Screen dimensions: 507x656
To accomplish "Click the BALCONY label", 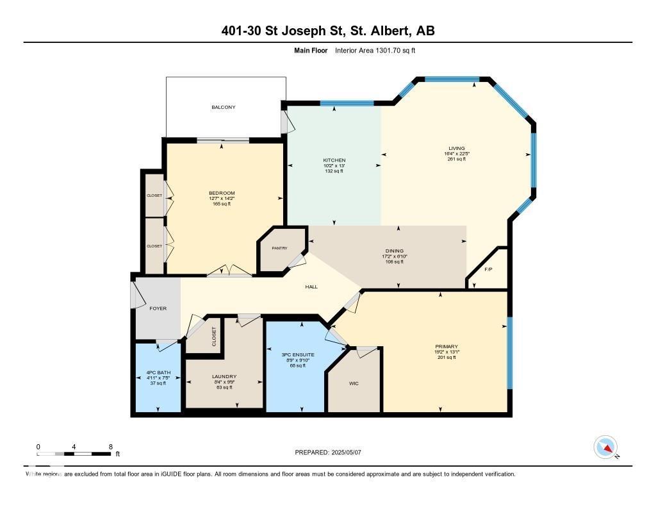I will (224, 107).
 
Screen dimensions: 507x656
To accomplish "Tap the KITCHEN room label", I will (334, 160).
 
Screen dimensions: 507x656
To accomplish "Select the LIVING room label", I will (457, 148).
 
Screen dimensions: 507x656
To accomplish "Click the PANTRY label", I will (279, 248).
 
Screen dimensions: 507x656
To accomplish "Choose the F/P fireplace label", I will (488, 269).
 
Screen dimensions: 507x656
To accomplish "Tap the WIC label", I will (354, 384).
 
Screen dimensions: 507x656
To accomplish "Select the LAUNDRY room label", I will (224, 377).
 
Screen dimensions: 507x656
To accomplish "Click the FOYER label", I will (158, 308).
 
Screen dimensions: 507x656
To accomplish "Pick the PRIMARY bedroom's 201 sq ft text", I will (445, 358).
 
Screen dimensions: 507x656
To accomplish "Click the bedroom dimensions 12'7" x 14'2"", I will (222, 199).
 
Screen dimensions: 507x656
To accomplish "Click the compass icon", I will (605, 447).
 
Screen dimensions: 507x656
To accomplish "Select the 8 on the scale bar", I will (111, 447).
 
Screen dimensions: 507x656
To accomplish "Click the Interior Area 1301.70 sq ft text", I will (375, 51).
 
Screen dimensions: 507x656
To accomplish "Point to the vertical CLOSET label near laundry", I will (214, 337).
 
